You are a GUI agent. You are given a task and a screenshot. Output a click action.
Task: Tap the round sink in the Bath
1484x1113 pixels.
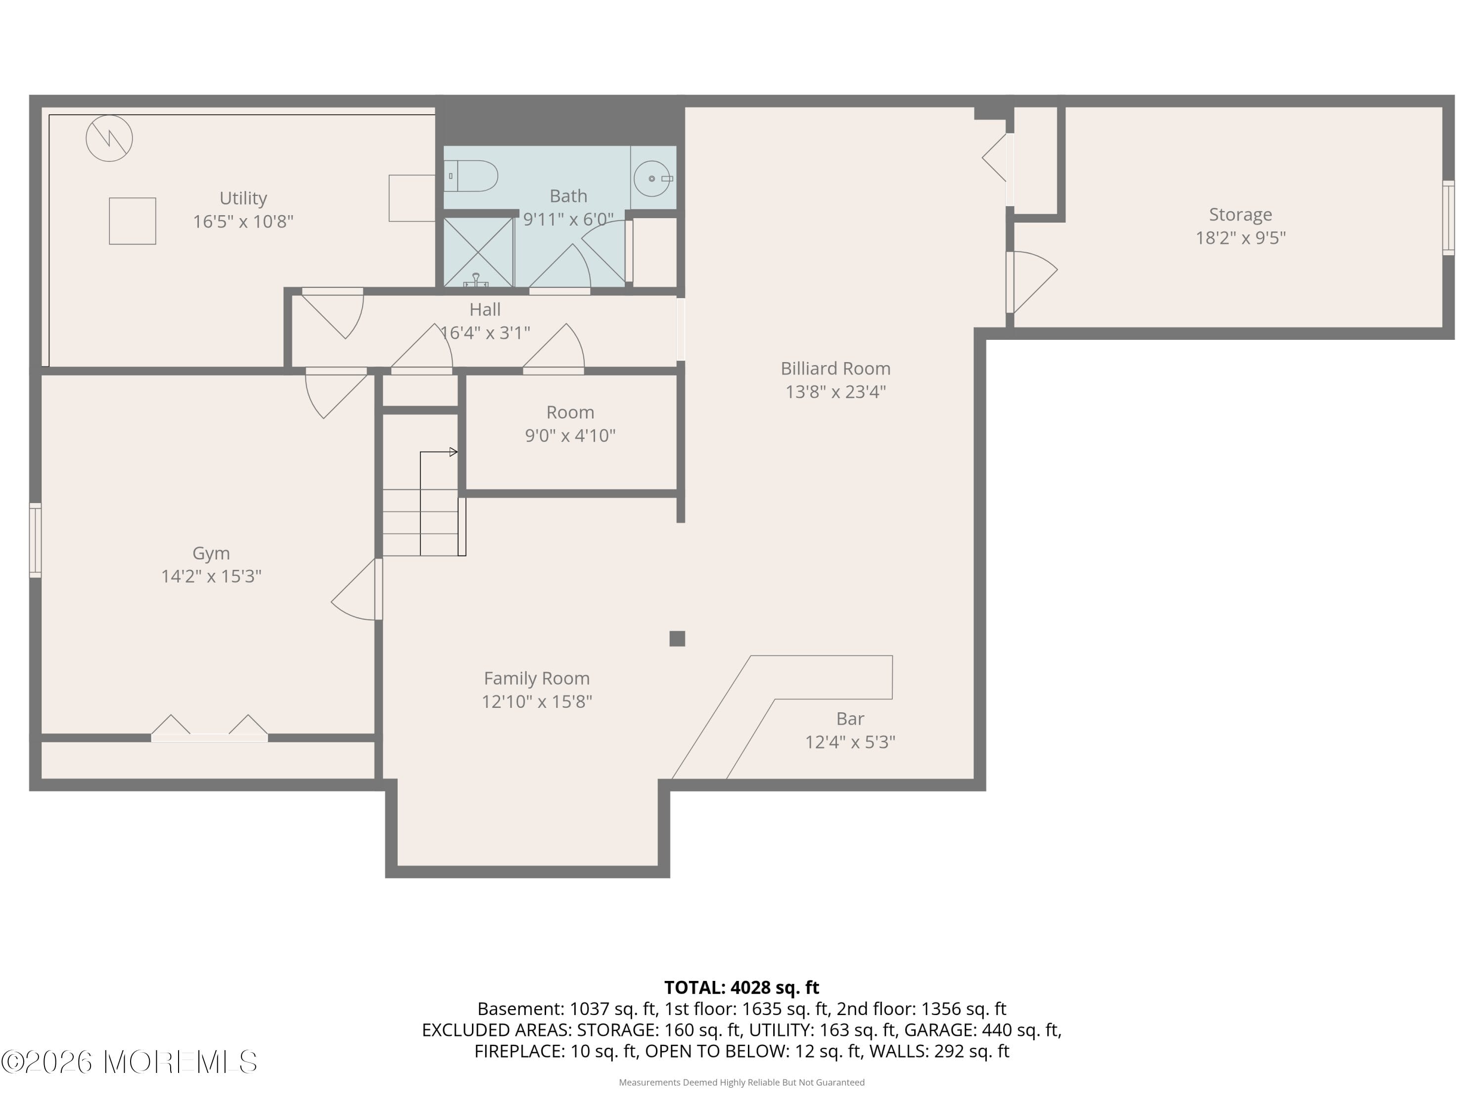tap(652, 179)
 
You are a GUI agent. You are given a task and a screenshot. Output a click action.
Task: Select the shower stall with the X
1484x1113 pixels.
tap(478, 252)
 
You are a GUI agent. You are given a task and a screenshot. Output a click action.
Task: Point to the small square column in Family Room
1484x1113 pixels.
tap(677, 639)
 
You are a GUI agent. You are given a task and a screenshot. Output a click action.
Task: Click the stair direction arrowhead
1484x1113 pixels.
tap(454, 452)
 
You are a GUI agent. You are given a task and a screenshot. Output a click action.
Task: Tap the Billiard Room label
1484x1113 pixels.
tap(835, 369)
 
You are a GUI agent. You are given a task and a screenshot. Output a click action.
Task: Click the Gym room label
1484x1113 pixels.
tap(211, 553)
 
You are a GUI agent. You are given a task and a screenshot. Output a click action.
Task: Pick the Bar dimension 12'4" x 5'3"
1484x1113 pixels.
tap(850, 742)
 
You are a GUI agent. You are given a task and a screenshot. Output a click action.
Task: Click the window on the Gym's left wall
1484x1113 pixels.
tap(36, 540)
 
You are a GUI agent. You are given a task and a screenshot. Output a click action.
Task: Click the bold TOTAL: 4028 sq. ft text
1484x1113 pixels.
tap(742, 987)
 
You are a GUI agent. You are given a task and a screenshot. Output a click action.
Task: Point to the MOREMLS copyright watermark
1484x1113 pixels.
tap(129, 1062)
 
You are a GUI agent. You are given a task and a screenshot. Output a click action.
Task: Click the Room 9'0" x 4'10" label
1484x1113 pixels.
tap(569, 423)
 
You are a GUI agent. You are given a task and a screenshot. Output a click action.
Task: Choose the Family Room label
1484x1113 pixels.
tap(537, 678)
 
